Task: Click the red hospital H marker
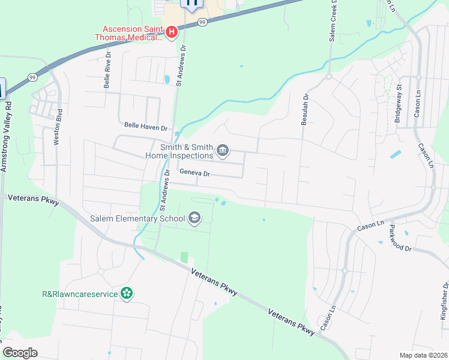click(171, 32)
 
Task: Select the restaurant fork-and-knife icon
click(192, 4)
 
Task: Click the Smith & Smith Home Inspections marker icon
click(223, 151)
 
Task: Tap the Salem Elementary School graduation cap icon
click(194, 218)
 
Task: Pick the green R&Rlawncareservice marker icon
click(127, 293)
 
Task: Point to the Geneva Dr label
click(193, 174)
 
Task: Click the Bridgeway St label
click(398, 105)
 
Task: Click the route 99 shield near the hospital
click(203, 22)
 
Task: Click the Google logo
click(20, 353)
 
